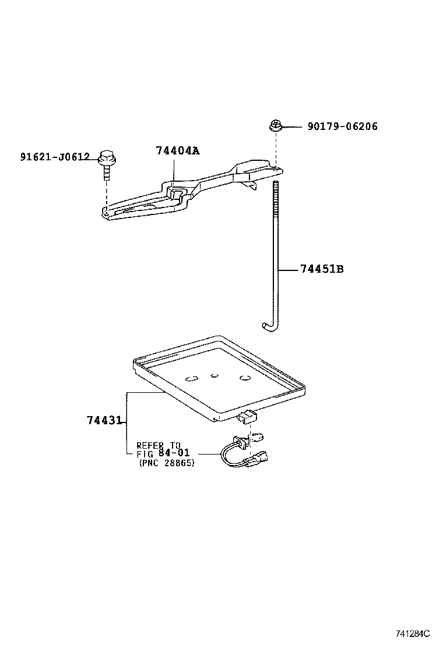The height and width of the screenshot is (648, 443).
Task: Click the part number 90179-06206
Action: (342, 126)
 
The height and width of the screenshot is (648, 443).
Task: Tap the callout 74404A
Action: (177, 151)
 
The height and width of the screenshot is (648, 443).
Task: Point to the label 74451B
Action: (322, 269)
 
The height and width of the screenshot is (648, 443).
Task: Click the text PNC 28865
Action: (167, 463)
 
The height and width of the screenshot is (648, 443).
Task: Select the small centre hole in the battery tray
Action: (215, 376)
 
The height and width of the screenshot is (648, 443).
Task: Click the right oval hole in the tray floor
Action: (245, 379)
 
